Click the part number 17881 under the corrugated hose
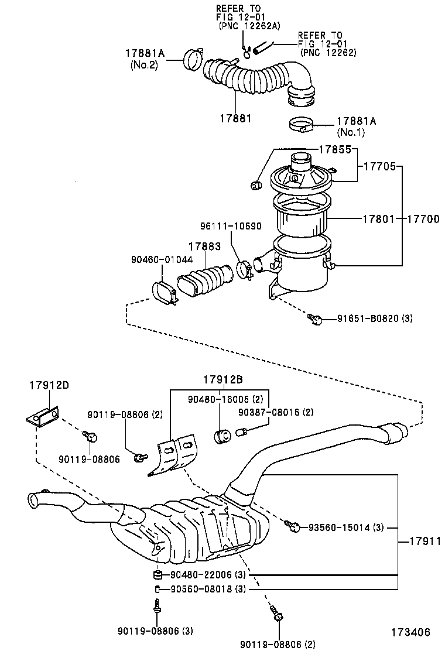tap(235, 118)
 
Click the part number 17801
tap(376, 218)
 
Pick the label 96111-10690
tap(230, 226)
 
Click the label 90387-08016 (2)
tap(268, 412)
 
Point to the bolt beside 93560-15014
tap(294, 527)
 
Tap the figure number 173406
tap(411, 632)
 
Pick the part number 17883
tap(204, 247)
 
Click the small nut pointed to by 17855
tap(255, 186)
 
